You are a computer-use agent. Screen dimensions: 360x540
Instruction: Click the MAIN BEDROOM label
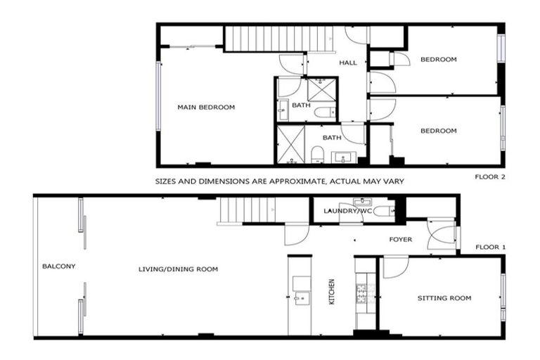(x=206, y=107)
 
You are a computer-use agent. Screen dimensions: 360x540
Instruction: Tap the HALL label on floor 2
(x=348, y=63)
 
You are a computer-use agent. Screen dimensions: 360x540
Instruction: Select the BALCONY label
(x=58, y=266)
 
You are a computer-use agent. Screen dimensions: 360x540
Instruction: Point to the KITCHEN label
(x=331, y=292)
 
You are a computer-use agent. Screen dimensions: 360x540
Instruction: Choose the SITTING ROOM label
(x=444, y=298)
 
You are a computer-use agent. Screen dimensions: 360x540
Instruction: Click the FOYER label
(x=401, y=240)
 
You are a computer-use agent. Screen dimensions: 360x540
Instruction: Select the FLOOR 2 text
(x=490, y=176)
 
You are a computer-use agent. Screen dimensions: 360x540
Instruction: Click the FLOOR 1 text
(x=490, y=247)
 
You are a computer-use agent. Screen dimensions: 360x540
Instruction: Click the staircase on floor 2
(x=278, y=39)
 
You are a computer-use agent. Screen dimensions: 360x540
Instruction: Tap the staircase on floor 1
(x=247, y=210)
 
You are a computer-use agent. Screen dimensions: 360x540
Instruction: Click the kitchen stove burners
(x=364, y=293)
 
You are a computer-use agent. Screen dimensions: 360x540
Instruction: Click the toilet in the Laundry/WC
(x=382, y=210)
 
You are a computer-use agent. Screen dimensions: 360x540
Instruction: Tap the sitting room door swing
(x=394, y=266)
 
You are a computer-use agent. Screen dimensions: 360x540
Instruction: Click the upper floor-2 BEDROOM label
(x=438, y=60)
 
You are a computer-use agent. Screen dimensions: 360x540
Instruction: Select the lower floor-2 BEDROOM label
(x=438, y=131)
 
